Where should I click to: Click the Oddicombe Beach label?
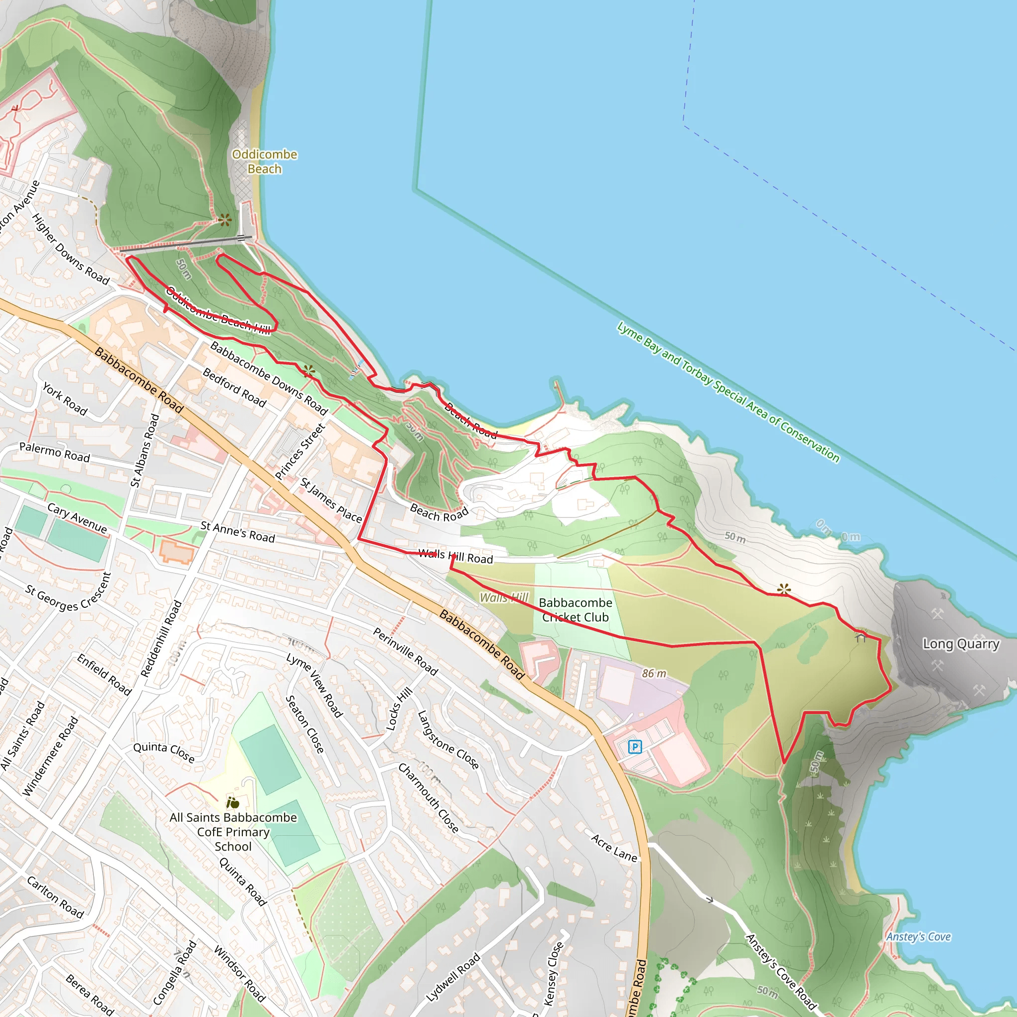[264, 161]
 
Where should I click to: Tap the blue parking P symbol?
[635, 746]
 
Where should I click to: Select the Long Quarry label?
[961, 644]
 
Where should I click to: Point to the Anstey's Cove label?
[918, 937]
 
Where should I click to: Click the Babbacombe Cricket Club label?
[576, 610]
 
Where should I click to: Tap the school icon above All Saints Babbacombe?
[233, 803]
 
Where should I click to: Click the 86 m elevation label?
[654, 673]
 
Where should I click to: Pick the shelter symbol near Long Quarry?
[860, 637]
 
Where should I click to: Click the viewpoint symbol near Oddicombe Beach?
[225, 219]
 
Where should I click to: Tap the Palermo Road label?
[55, 452]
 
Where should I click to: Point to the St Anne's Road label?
[237, 532]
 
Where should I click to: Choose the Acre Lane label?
[614, 848]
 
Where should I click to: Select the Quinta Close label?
[164, 752]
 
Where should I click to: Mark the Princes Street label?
[300, 452]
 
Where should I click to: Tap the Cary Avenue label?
[77, 518]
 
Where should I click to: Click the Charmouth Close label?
[428, 798]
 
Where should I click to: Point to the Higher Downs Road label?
[71, 249]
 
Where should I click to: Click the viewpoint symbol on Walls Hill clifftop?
[784, 589]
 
